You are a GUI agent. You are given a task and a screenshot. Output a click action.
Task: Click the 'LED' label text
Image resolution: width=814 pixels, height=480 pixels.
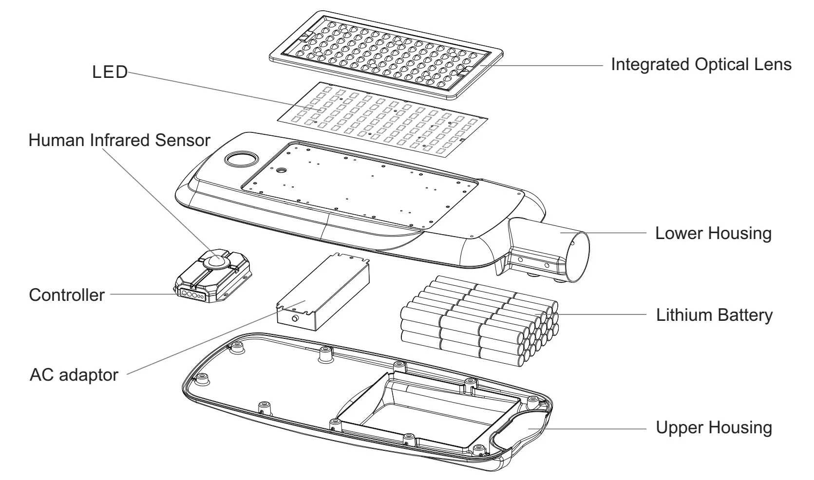(x=110, y=72)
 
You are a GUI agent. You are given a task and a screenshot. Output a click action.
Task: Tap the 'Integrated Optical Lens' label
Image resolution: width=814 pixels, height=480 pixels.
(x=701, y=64)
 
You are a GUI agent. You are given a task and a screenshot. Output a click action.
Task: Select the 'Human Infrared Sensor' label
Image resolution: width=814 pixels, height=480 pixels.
(x=119, y=140)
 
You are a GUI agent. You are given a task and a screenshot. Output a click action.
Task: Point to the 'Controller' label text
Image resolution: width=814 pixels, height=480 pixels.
(x=67, y=295)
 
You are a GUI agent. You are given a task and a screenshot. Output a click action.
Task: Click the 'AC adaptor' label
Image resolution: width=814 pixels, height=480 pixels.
(x=74, y=375)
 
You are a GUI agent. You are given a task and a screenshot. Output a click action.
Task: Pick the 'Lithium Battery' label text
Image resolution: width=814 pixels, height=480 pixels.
(x=714, y=315)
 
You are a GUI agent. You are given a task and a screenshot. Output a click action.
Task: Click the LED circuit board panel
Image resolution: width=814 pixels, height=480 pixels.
(x=382, y=118)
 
